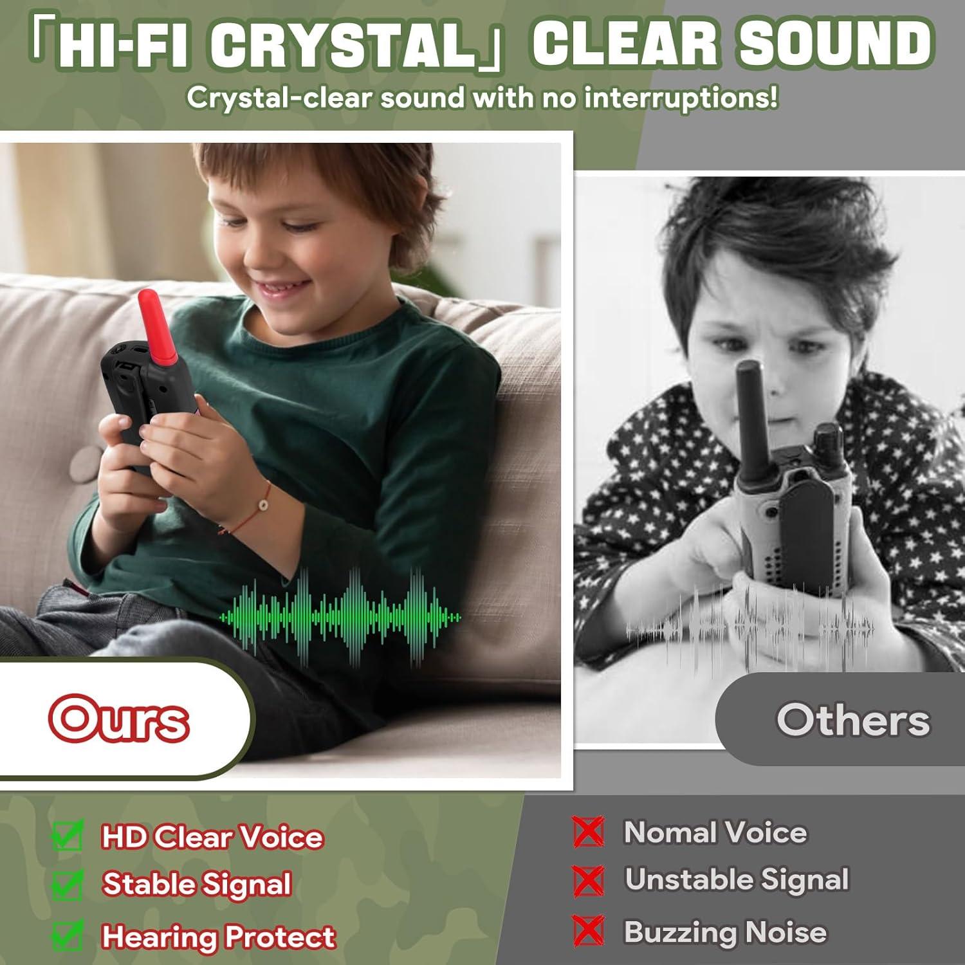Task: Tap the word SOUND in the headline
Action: pyautogui.click(x=836, y=43)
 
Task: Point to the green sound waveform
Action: pyautogui.click(x=340, y=616)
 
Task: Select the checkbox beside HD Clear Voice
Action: pyautogui.click(x=68, y=836)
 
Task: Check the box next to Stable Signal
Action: pyautogui.click(x=68, y=885)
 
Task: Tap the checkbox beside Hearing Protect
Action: pyautogui.click(x=68, y=935)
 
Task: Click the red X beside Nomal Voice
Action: pyautogui.click(x=588, y=831)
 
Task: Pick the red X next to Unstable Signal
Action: pyautogui.click(x=588, y=881)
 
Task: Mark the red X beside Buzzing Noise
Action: pyautogui.click(x=588, y=930)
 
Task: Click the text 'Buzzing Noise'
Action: pyautogui.click(x=725, y=932)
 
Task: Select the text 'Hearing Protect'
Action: pyautogui.click(x=219, y=937)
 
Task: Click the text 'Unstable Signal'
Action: pyautogui.click(x=737, y=879)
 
